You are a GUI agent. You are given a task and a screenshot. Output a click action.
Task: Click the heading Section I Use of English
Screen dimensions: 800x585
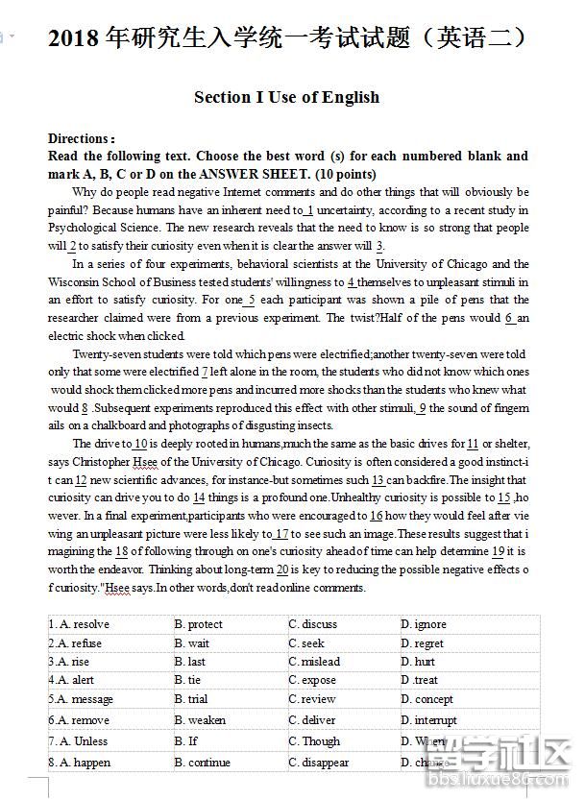coord(286,97)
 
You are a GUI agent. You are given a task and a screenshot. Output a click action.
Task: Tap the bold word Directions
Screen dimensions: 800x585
coord(81,138)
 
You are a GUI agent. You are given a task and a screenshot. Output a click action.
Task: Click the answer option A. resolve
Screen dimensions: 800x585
coord(79,624)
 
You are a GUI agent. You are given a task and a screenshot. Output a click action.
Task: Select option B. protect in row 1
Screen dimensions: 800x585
coord(198,624)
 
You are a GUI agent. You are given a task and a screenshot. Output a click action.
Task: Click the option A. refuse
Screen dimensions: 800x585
coord(75,643)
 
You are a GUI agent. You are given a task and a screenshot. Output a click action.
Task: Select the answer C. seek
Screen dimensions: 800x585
coord(306,643)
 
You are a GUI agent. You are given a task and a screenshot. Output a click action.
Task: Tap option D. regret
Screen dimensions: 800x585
coord(423,643)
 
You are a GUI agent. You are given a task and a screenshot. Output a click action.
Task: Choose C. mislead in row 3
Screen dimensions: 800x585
coord(314,662)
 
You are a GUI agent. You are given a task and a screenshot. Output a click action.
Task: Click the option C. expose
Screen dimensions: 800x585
coord(312,680)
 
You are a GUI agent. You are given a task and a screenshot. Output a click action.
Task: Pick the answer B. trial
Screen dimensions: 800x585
coord(191,699)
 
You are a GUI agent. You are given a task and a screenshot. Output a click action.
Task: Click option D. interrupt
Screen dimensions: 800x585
coord(429,720)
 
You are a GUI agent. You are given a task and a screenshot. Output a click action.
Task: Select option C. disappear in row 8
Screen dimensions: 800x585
coord(319,763)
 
